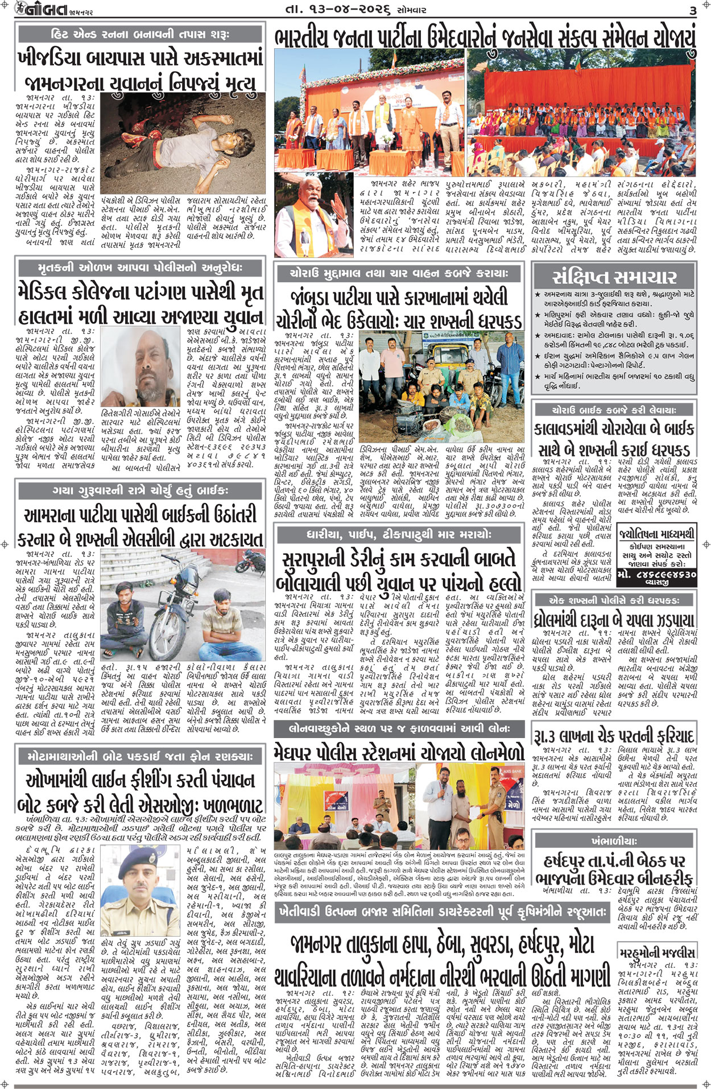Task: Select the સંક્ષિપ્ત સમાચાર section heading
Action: click(x=614, y=277)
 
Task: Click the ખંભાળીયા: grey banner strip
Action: click(x=614, y=840)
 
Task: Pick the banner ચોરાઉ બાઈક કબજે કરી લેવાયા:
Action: click(x=614, y=409)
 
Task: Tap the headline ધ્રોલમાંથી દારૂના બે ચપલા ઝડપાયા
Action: click(x=614, y=620)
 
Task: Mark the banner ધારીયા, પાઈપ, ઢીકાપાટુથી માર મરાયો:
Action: click(x=398, y=534)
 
